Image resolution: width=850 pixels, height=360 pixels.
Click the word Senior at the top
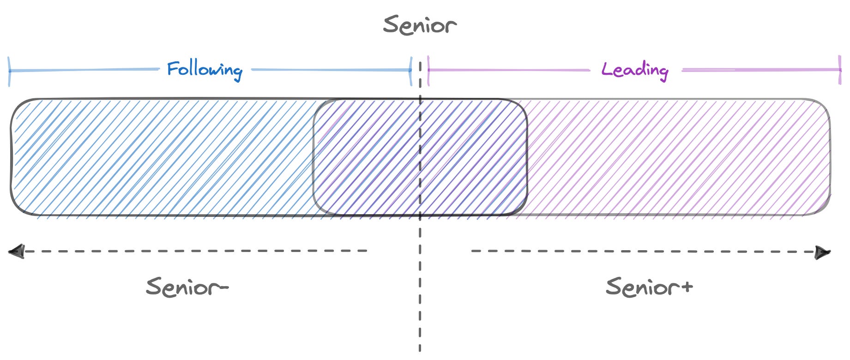(x=420, y=25)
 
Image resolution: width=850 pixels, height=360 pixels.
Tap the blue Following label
(x=205, y=70)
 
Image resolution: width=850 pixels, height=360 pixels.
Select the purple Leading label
(x=635, y=70)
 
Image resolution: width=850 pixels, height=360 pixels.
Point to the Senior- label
(x=187, y=287)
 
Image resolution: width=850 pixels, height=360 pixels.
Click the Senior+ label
(x=649, y=287)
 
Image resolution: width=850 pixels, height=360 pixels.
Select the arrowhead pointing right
(x=822, y=252)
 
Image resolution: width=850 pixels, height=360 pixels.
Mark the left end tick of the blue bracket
(x=9, y=71)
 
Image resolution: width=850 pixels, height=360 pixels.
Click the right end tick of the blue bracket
(x=410, y=71)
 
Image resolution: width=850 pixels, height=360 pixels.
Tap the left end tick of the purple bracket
(x=428, y=71)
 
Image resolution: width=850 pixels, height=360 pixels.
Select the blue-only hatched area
(x=162, y=157)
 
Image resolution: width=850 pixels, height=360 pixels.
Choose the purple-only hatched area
(x=679, y=157)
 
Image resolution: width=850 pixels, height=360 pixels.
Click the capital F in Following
(x=173, y=69)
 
